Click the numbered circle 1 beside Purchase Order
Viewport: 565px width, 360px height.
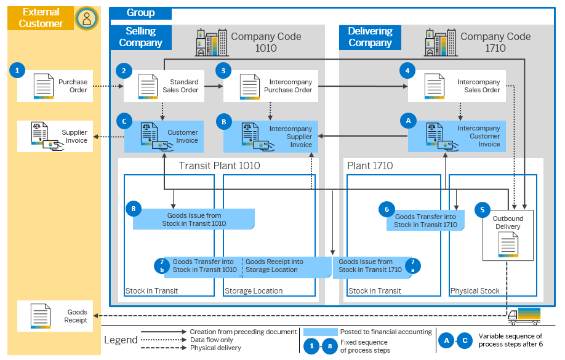17,71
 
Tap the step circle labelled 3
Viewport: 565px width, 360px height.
223,71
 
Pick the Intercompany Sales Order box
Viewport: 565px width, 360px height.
456,86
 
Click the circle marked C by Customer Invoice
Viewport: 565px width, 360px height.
124,122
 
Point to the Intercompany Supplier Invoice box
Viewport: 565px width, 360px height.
270,137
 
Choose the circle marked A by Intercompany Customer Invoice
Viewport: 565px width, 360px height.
406,122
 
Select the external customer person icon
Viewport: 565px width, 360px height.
87,18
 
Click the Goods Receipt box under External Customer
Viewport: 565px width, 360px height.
58,316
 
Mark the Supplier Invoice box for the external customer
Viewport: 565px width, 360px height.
58,137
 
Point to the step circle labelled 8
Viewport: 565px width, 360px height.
133,209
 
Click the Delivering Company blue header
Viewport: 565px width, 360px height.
370,37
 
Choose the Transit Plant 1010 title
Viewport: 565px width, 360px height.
219,166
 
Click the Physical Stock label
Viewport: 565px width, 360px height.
475,291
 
